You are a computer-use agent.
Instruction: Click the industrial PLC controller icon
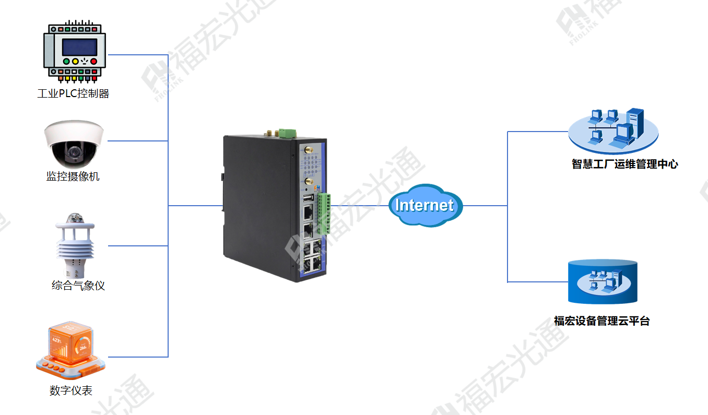(x=75, y=51)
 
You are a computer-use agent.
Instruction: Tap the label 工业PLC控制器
(x=73, y=93)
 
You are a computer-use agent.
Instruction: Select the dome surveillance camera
(x=74, y=144)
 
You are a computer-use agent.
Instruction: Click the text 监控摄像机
(x=73, y=176)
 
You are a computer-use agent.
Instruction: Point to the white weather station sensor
(x=75, y=245)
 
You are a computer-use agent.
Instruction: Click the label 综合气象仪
(x=78, y=286)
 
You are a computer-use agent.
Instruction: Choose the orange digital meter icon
(x=70, y=350)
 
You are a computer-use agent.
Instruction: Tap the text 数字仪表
(x=71, y=390)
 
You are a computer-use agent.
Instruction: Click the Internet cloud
(x=426, y=206)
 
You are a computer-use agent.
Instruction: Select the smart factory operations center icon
(x=613, y=131)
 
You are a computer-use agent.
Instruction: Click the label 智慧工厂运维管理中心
(x=625, y=164)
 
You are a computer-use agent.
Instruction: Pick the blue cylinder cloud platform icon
(x=603, y=281)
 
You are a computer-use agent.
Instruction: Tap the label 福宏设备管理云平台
(x=602, y=321)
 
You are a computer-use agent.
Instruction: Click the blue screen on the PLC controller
(x=79, y=47)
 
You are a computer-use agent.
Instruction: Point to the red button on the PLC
(x=94, y=61)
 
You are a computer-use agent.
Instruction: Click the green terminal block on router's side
(x=324, y=214)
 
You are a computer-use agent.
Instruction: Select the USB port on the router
(x=308, y=198)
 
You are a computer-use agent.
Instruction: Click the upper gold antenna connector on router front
(x=309, y=149)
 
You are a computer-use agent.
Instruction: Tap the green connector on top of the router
(x=287, y=133)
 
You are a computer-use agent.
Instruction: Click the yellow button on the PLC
(x=75, y=61)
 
